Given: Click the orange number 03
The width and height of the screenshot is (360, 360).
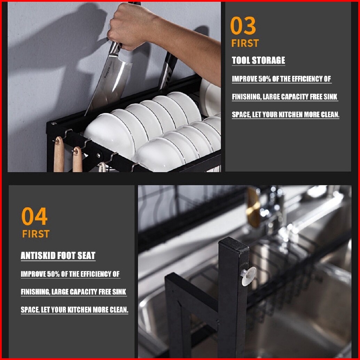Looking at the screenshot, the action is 243,25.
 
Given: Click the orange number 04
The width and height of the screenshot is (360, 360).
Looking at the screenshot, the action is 34,216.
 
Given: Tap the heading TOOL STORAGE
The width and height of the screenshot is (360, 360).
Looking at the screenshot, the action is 258,60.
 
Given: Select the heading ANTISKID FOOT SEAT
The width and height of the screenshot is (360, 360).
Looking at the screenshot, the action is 58,256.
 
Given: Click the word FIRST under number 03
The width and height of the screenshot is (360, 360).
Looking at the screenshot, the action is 245,43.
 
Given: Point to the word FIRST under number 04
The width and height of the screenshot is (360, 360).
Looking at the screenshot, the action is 36,234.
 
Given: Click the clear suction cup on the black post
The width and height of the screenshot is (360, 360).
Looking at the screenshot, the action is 249,276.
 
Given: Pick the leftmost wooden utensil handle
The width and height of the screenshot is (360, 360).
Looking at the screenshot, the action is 59,155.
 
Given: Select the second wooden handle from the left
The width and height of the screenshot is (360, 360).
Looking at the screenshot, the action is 77,160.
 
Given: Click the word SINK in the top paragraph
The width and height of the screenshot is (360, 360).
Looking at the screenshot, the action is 330,97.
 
